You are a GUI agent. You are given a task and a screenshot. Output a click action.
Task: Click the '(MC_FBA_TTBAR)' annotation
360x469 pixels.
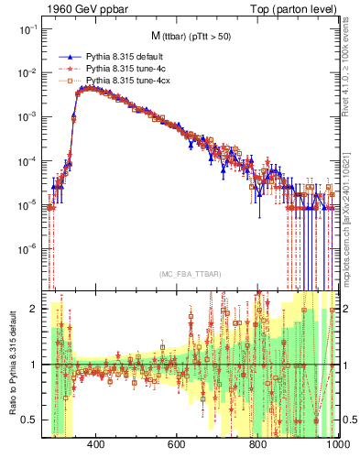[x=191, y=275]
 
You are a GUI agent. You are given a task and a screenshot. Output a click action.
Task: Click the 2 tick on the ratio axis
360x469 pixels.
[x=34, y=309]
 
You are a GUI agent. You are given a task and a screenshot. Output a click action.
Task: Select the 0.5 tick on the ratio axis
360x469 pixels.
[x=30, y=420]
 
